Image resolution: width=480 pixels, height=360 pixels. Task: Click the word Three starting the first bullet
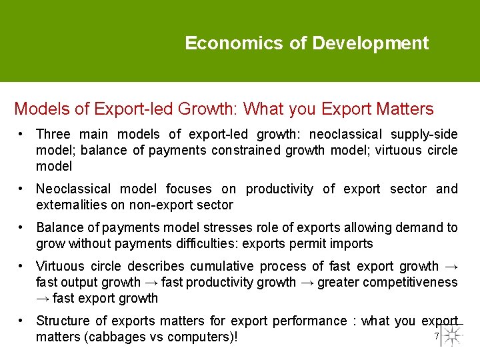[x=55, y=134]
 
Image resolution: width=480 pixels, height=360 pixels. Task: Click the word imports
[x=349, y=243]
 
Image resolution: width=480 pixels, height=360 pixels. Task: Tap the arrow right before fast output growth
[x=451, y=266]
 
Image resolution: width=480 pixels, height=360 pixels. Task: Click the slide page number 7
[x=436, y=336]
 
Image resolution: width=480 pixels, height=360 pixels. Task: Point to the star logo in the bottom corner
[x=453, y=335]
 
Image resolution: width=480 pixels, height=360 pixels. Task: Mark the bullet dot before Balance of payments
[x=23, y=227]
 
